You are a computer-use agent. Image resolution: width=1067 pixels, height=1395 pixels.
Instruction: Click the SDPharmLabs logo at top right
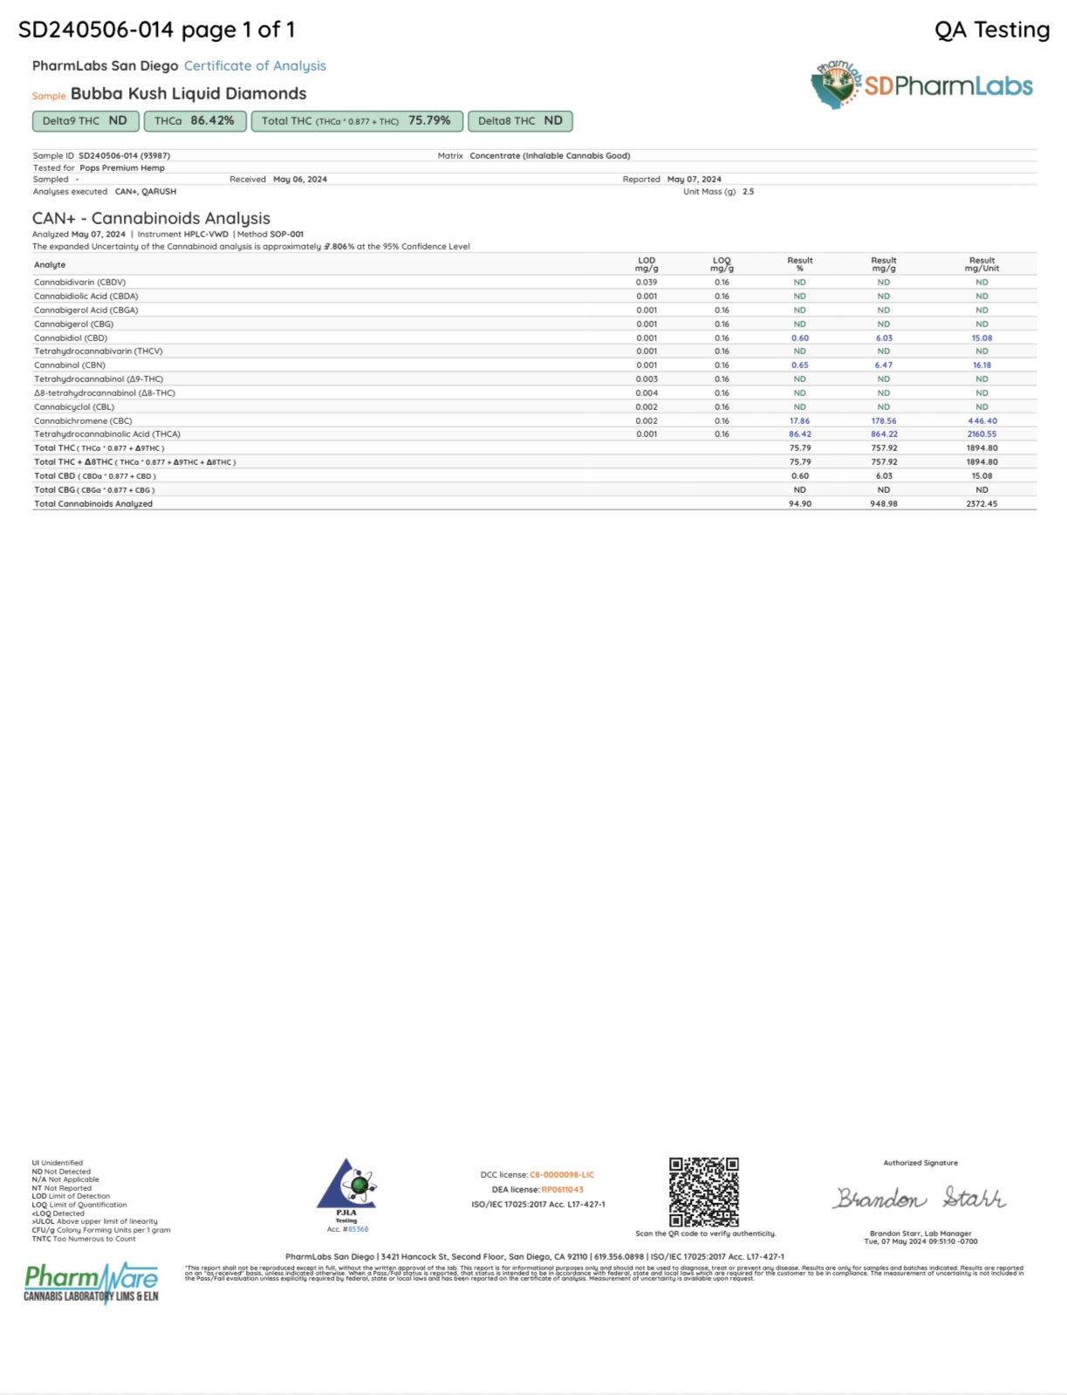point(922,85)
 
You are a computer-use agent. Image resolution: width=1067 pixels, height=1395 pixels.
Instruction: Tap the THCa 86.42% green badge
point(195,121)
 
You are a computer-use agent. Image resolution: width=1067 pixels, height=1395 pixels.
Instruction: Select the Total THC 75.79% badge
point(356,121)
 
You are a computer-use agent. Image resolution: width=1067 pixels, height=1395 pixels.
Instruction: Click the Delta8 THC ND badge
point(520,121)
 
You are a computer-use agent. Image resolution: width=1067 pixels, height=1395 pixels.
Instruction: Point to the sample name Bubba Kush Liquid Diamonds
point(188,93)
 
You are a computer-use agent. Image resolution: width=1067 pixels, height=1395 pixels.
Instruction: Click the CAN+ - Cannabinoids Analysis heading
point(151,218)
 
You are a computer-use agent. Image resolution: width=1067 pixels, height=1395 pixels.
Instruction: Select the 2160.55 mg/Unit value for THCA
point(982,434)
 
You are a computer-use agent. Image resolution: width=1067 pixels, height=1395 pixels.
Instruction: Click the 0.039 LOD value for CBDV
point(646,282)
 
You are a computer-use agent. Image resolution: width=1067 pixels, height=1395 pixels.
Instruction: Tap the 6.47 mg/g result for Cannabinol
point(884,365)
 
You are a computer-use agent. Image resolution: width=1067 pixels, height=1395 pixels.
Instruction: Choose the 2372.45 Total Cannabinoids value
point(982,503)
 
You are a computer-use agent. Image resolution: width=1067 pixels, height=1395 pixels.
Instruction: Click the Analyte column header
point(50,264)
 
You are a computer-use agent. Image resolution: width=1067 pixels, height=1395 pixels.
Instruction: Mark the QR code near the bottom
point(704,1192)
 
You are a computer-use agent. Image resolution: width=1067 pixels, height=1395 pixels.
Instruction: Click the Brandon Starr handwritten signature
point(920,1199)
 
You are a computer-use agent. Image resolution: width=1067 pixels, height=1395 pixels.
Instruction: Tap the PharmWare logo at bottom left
point(92,1282)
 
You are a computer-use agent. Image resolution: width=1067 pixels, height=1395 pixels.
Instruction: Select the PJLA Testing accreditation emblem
point(346,1189)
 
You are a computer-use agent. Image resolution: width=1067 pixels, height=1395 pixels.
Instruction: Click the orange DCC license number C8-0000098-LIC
point(562,1174)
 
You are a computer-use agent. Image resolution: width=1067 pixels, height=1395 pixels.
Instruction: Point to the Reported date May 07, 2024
point(694,179)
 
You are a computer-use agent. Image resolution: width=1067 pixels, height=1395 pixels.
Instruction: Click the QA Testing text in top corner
point(992,30)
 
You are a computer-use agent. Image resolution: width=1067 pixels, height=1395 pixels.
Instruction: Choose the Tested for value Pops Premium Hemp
point(122,168)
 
